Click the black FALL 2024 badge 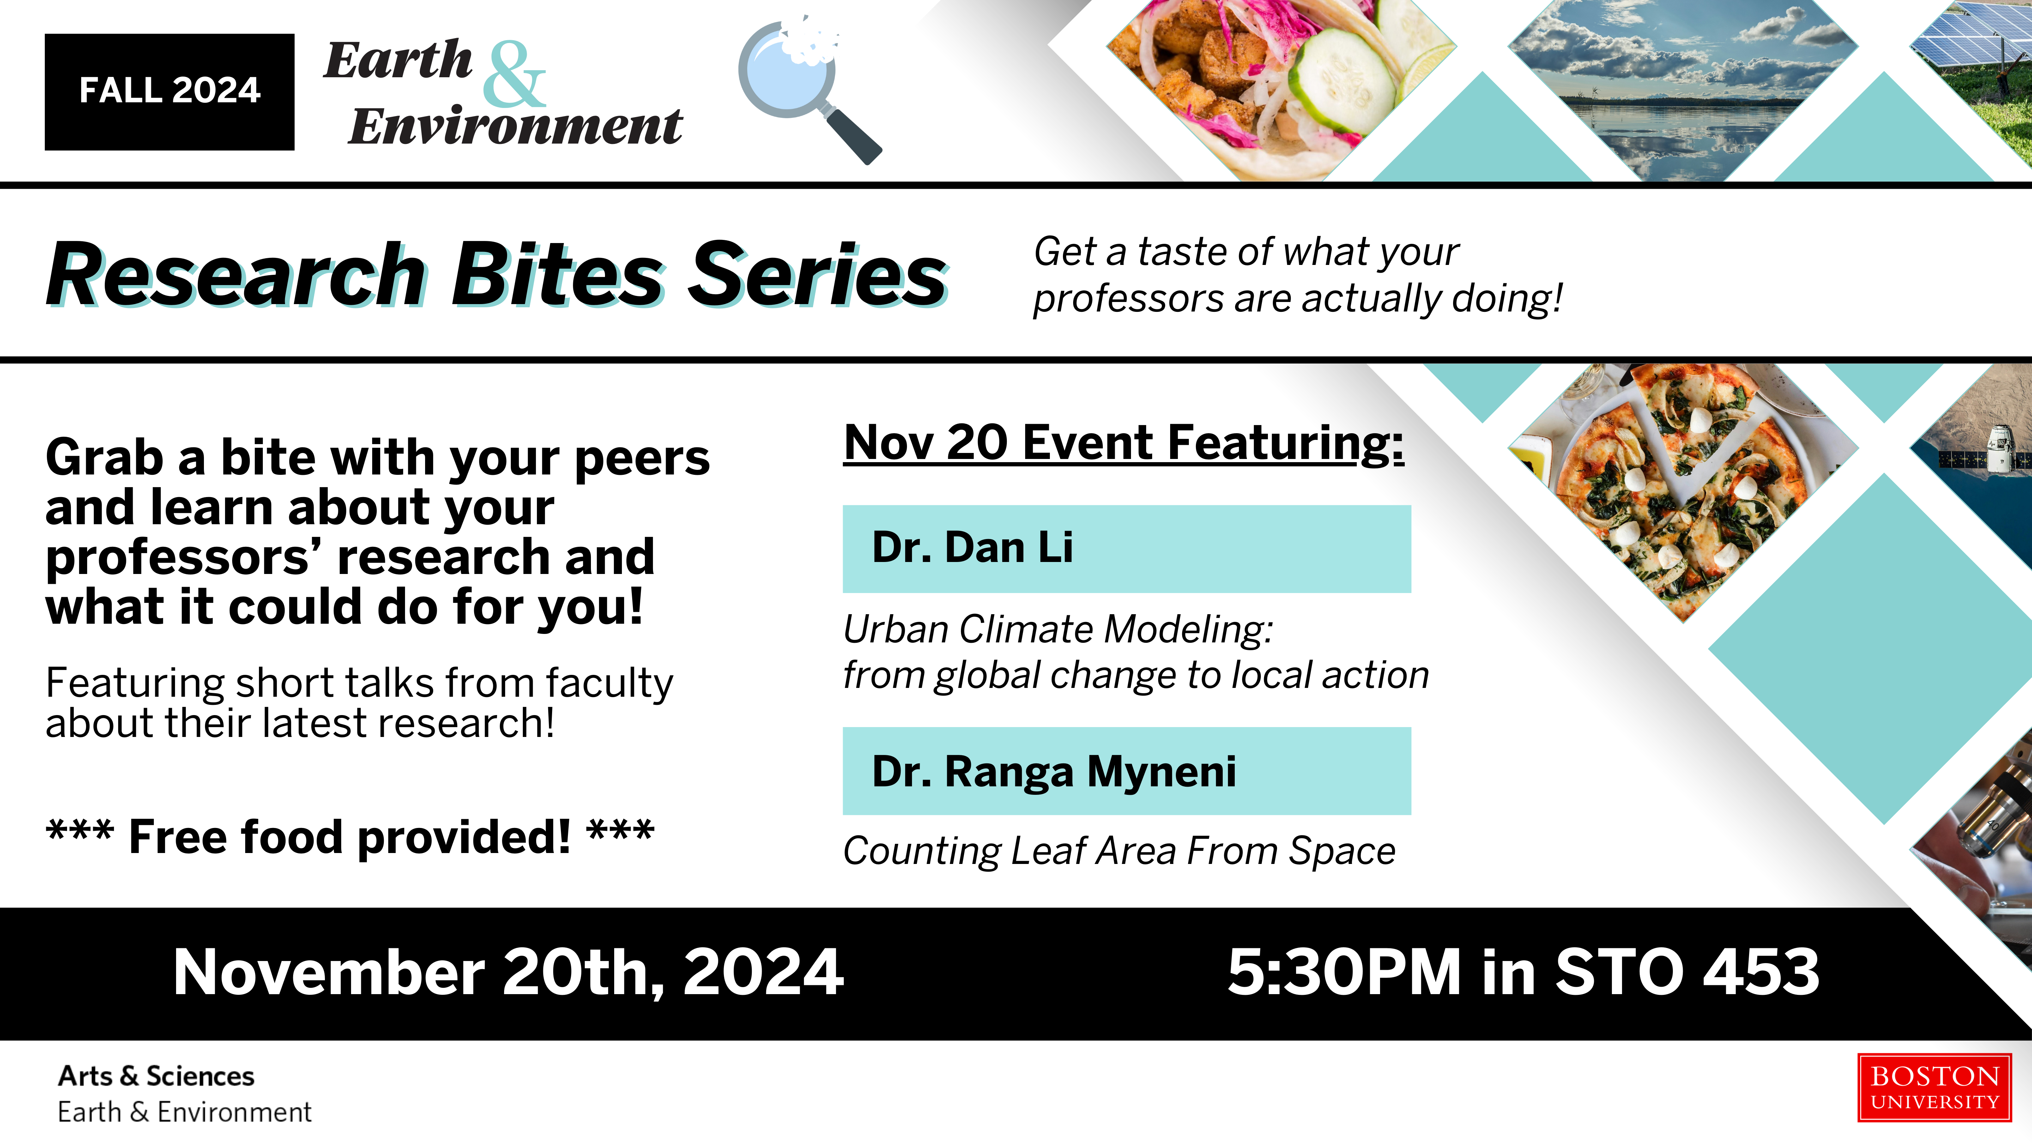[170, 91]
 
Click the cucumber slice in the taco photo [1345, 79]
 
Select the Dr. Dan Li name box [1126, 549]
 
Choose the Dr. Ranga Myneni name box [1126, 771]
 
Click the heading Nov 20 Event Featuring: [1124, 443]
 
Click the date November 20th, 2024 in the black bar [509, 973]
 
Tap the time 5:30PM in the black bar [1345, 973]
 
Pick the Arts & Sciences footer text [156, 1076]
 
